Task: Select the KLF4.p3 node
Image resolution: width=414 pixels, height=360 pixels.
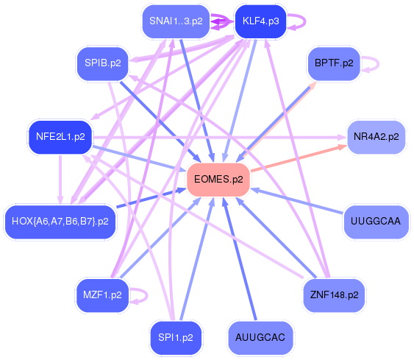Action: pos(260,21)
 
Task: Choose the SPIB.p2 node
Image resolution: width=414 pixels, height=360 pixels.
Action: pos(102,63)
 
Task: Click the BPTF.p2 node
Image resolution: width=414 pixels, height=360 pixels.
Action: pos(333,63)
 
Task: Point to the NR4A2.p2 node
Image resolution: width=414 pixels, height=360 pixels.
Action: pos(376,137)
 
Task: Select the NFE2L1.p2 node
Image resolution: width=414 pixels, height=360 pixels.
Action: pos(60,136)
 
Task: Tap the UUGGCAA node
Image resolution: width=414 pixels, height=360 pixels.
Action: pos(375,221)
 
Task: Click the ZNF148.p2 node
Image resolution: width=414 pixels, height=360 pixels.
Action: pos(334,295)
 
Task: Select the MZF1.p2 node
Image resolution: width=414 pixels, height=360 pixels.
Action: pos(102,295)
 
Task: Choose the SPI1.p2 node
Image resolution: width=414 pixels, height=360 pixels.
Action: pos(176,337)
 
